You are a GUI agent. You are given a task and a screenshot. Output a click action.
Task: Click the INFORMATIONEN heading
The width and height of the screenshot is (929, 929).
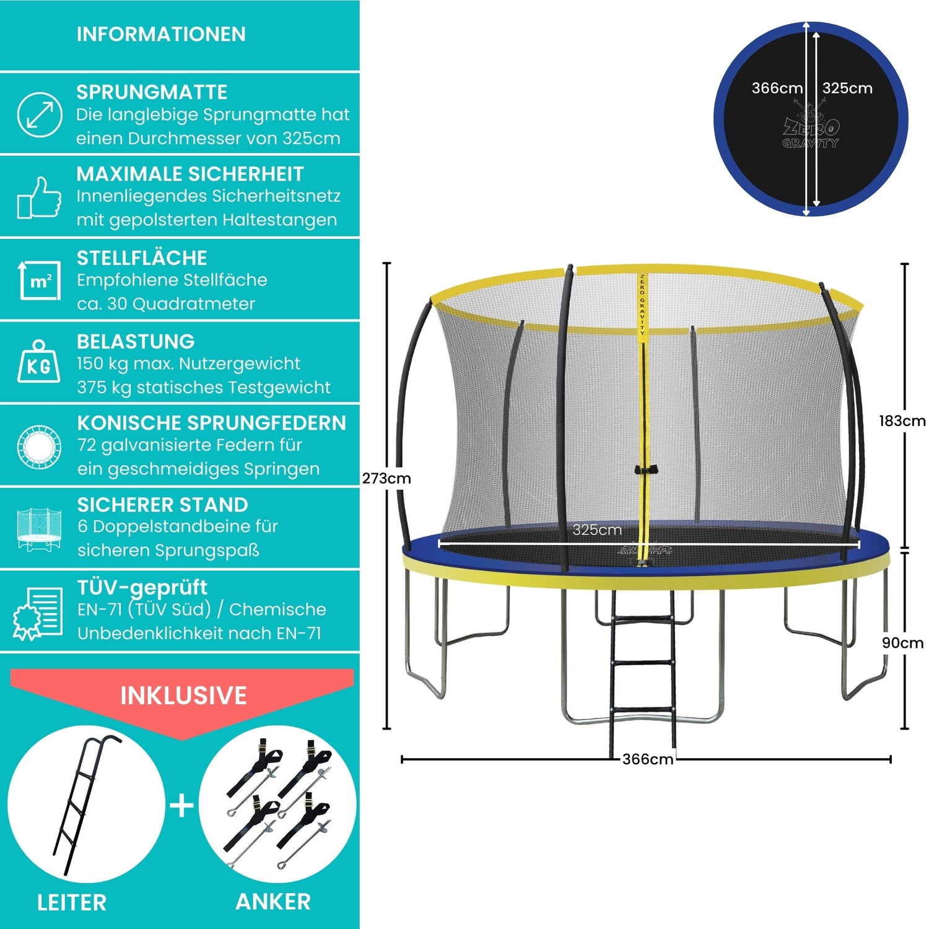tap(161, 34)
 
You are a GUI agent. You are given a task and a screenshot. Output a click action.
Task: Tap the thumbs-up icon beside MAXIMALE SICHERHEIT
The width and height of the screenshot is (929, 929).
tap(39, 198)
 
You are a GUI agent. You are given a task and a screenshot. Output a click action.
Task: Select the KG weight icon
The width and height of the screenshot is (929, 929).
tap(39, 362)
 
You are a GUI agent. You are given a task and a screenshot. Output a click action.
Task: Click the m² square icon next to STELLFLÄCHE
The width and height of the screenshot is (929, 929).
tap(40, 281)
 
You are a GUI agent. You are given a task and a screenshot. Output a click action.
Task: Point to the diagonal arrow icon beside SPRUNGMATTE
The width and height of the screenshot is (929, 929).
tap(39, 115)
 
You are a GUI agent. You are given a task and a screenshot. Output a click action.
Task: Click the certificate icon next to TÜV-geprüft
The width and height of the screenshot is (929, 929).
tap(38, 612)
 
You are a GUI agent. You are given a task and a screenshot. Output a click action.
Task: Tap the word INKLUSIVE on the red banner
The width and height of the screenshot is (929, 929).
tap(183, 696)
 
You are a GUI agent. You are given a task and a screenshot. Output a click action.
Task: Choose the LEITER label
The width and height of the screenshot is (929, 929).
tap(72, 902)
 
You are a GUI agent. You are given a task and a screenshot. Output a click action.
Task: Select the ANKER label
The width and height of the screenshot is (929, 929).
tap(273, 902)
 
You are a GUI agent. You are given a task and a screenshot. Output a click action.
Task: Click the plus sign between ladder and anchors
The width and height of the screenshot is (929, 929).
tap(182, 806)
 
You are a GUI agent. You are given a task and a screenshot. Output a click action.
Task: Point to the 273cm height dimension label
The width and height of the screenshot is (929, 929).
tap(386, 478)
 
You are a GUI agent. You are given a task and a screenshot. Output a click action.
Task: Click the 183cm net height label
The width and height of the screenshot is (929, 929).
tap(902, 421)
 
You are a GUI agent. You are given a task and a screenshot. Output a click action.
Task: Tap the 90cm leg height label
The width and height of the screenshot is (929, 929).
tap(902, 643)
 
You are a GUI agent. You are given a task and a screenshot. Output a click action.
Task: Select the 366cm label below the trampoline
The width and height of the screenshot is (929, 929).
tap(648, 759)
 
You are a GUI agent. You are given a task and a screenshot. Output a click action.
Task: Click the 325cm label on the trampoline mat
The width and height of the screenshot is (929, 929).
tap(597, 530)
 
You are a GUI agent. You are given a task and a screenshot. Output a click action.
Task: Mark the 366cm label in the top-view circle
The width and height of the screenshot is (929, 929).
tap(777, 89)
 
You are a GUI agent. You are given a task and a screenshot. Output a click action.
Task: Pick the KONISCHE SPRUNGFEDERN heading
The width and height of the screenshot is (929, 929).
tap(212, 423)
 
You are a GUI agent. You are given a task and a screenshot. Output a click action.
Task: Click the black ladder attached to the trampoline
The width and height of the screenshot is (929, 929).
tap(642, 663)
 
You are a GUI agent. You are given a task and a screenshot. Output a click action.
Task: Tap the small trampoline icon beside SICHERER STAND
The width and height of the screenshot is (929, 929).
tap(39, 529)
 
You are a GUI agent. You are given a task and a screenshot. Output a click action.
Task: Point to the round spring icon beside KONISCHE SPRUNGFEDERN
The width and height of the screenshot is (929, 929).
tap(39, 446)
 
